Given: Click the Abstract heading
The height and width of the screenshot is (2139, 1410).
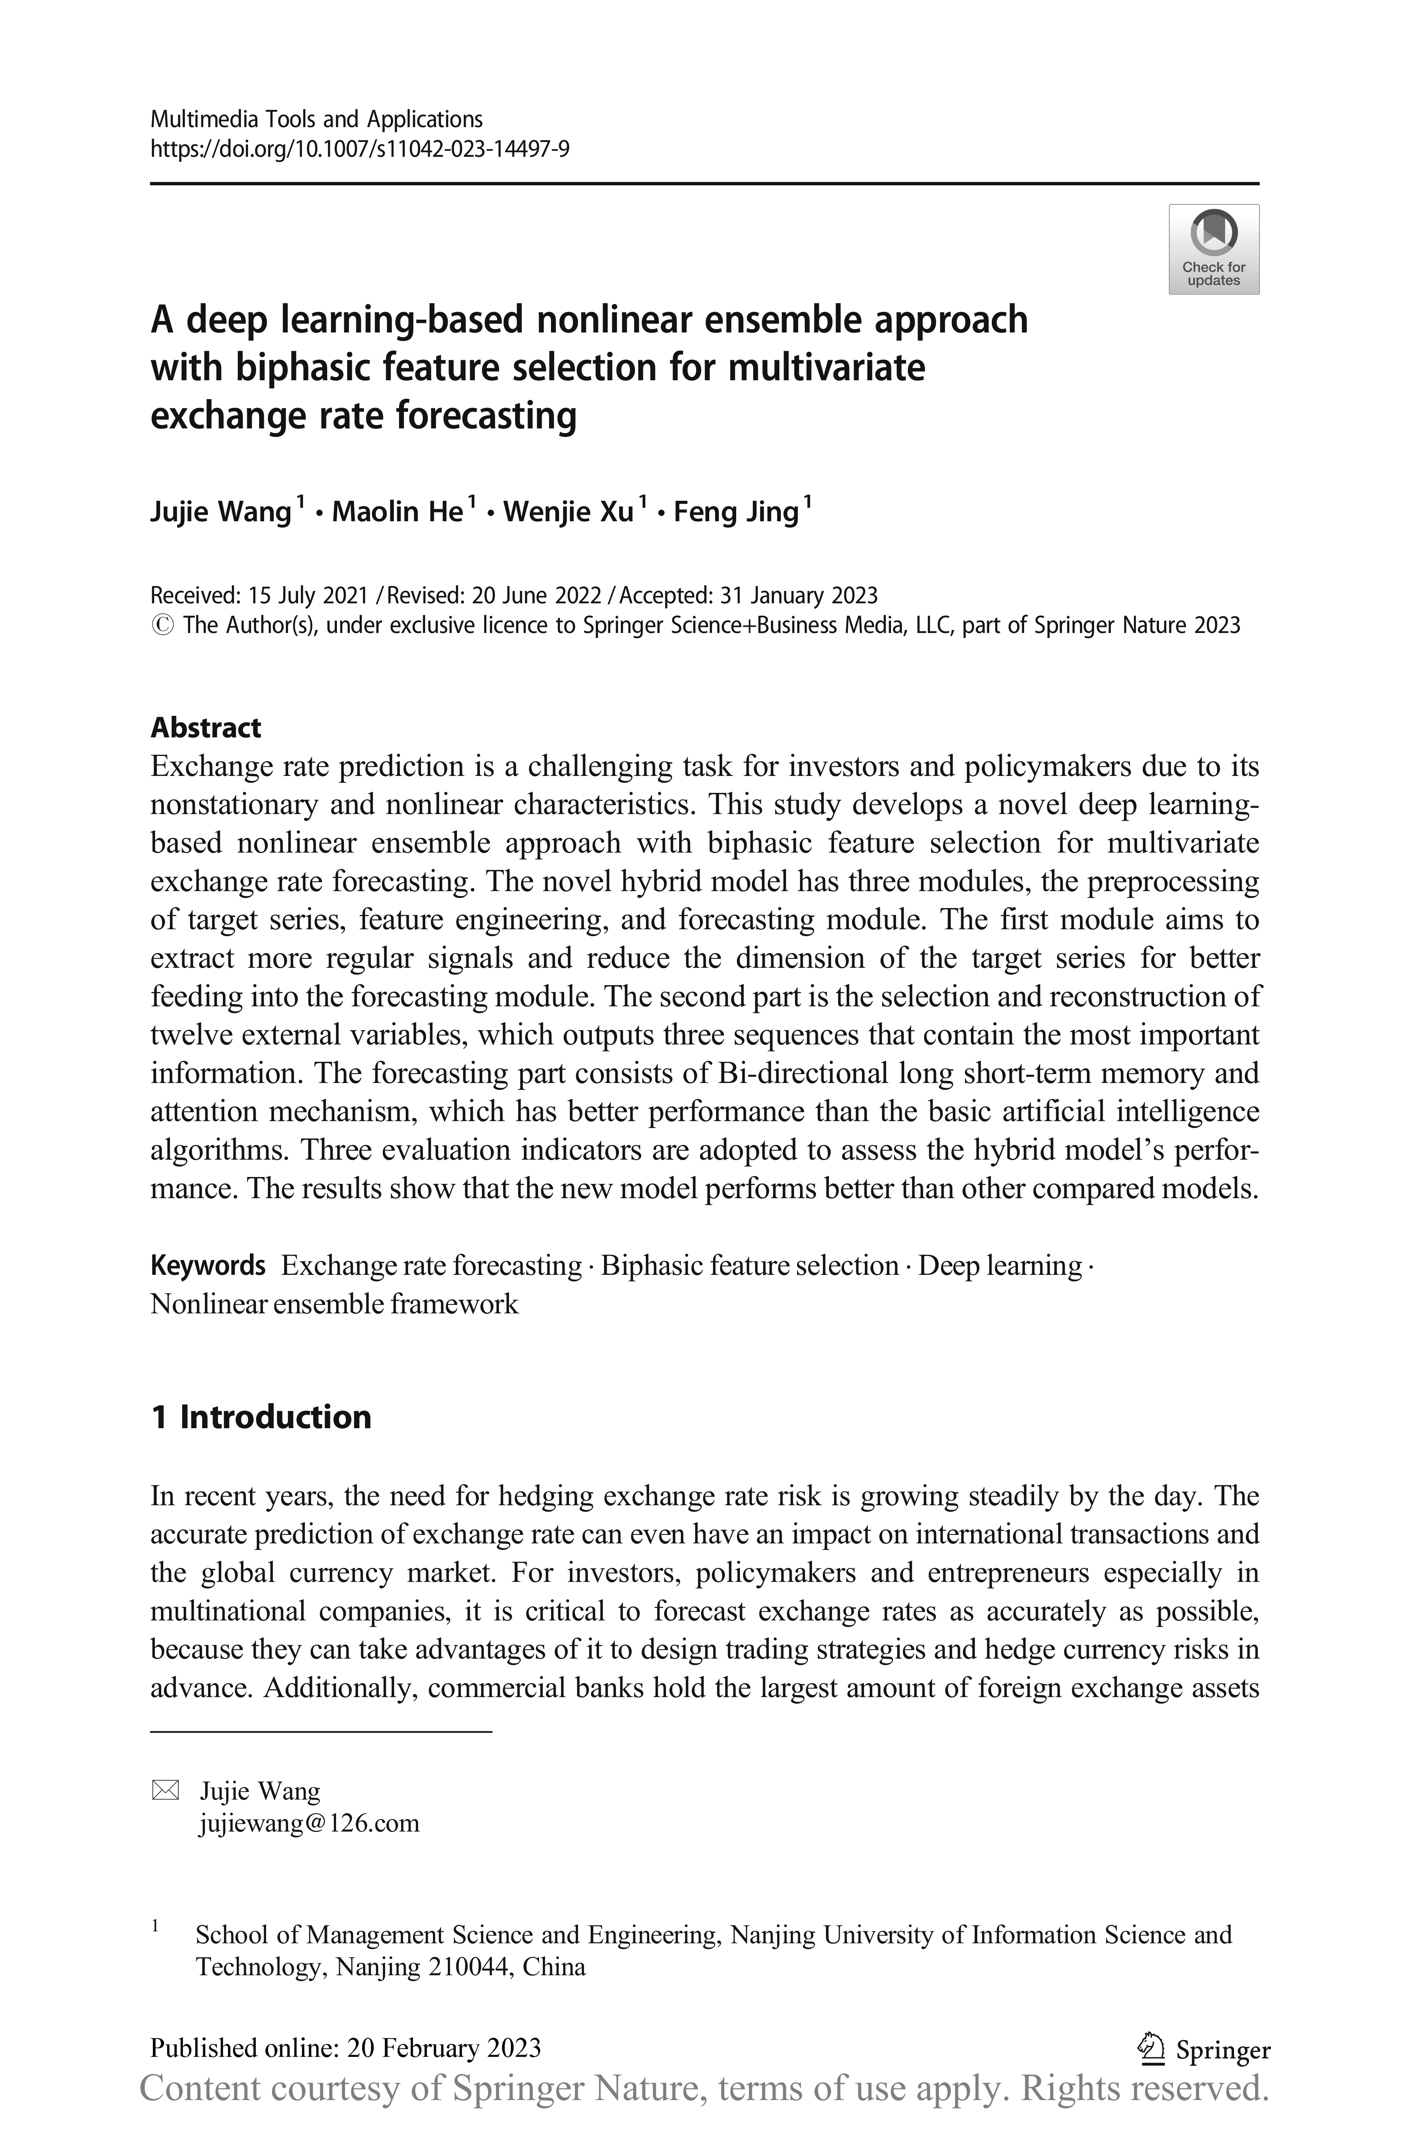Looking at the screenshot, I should [206, 727].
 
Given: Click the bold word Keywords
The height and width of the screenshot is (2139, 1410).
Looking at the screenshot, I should [208, 1266].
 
